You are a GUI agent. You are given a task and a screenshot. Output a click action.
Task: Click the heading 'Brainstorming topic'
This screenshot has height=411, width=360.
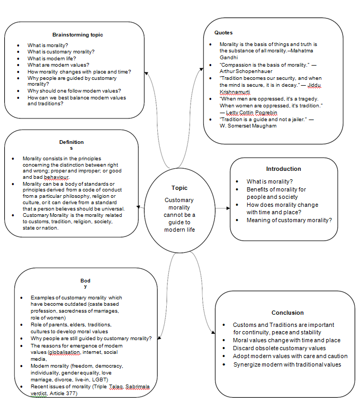(x=77, y=35)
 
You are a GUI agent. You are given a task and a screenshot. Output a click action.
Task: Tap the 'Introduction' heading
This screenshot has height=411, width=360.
(x=283, y=169)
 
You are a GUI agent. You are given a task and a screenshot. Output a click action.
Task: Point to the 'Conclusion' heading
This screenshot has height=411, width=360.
(x=287, y=313)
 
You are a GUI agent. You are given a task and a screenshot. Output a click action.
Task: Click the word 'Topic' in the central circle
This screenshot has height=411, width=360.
(x=179, y=188)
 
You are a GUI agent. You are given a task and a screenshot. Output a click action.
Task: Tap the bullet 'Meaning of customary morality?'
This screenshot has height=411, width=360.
(x=289, y=220)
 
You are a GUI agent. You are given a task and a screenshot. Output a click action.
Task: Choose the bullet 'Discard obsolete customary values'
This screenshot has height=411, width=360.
(x=279, y=348)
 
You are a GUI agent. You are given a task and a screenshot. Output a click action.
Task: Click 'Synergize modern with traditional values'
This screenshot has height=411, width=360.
(x=287, y=364)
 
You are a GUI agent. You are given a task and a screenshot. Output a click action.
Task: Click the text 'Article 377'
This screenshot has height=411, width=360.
(x=61, y=394)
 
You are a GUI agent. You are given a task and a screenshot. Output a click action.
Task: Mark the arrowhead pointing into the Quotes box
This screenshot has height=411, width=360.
(x=202, y=67)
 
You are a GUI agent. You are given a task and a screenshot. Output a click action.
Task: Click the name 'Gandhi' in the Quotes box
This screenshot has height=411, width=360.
(x=229, y=57)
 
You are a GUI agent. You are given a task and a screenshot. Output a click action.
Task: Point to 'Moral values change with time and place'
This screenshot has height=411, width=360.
(x=286, y=340)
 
